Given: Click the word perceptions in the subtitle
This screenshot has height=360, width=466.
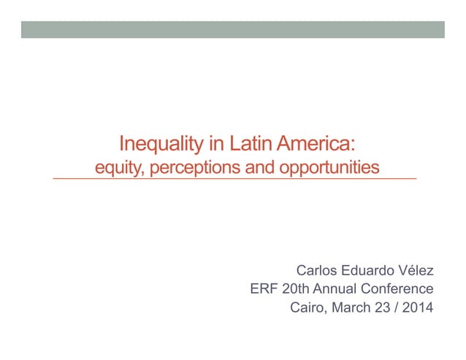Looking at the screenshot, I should pos(194,168).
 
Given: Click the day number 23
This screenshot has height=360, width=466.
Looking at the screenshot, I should pos(383,307).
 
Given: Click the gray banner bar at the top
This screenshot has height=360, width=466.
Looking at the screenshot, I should pos(232,29).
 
